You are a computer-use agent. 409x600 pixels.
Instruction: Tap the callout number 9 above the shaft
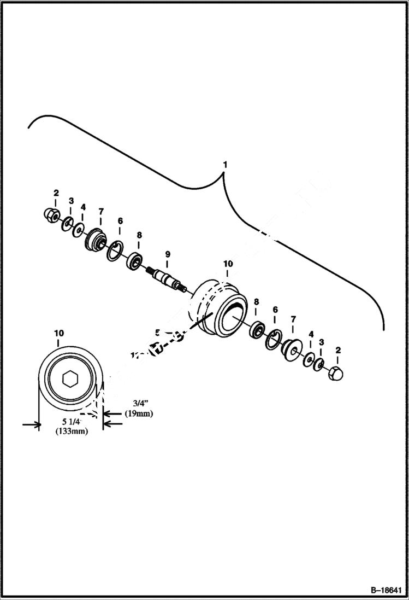pos(168,254)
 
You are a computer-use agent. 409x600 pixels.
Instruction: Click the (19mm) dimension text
pos(138,413)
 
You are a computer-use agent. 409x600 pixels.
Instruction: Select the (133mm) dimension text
pos(72,432)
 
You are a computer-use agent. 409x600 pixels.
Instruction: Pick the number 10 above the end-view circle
pos(59,333)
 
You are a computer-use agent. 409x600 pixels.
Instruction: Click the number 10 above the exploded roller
pos(228,264)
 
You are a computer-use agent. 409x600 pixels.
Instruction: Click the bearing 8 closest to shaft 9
pos(134,261)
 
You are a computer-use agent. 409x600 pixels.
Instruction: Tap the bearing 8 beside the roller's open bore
pos(257,330)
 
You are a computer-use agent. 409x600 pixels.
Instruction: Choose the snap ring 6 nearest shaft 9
pos(115,252)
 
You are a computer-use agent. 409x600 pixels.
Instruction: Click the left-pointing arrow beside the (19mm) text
pos(112,423)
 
